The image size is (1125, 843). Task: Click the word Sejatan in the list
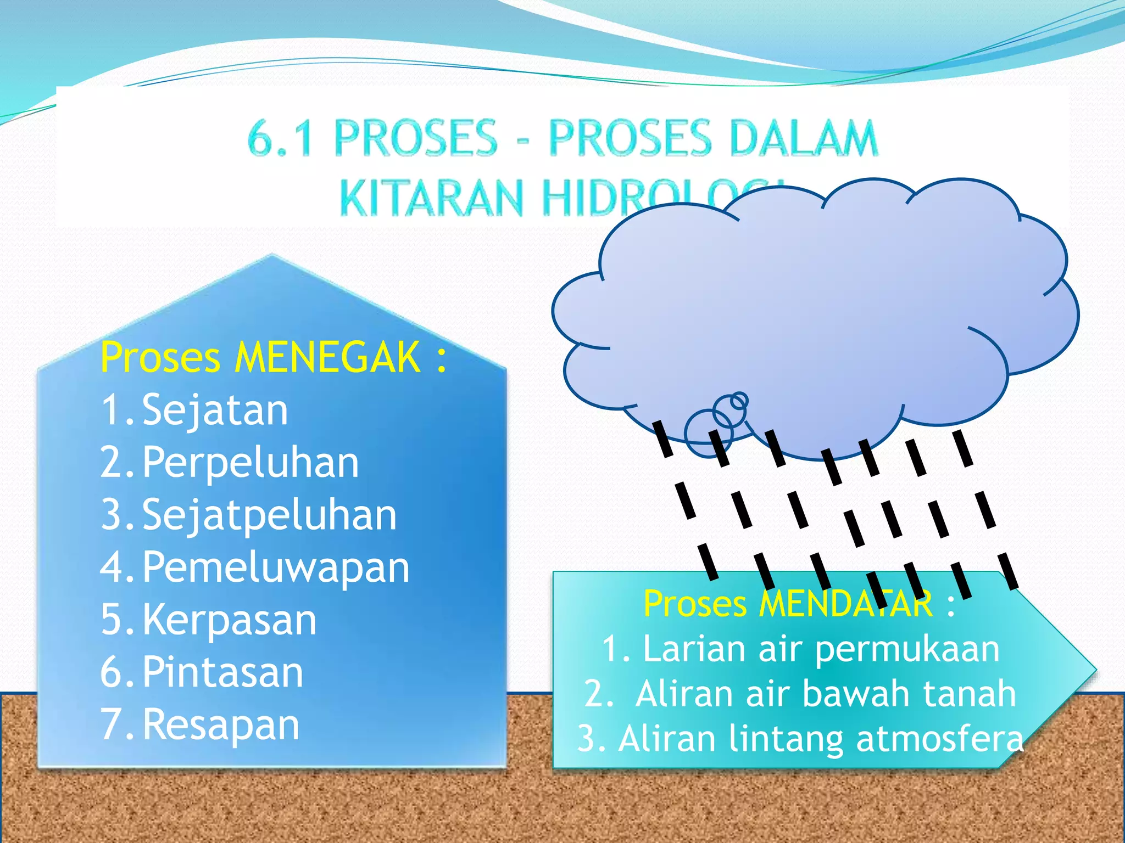click(215, 410)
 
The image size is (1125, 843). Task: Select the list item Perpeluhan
click(250, 462)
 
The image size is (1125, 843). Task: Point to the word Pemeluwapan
click(276, 567)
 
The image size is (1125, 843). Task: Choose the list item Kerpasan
click(230, 620)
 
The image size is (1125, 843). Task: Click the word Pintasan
click(222, 672)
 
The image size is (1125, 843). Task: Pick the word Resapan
click(221, 724)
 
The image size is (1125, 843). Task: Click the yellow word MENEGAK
click(327, 357)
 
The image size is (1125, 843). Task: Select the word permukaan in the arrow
click(907, 649)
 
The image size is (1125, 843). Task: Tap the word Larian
click(694, 649)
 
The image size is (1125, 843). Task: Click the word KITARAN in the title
click(431, 198)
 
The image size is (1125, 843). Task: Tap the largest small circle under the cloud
click(709, 434)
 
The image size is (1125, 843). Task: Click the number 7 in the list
click(112, 724)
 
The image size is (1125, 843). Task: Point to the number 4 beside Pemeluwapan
click(112, 567)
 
